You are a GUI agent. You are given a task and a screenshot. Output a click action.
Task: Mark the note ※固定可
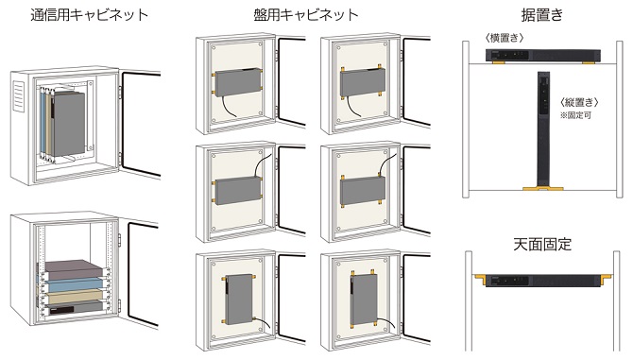578,114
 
